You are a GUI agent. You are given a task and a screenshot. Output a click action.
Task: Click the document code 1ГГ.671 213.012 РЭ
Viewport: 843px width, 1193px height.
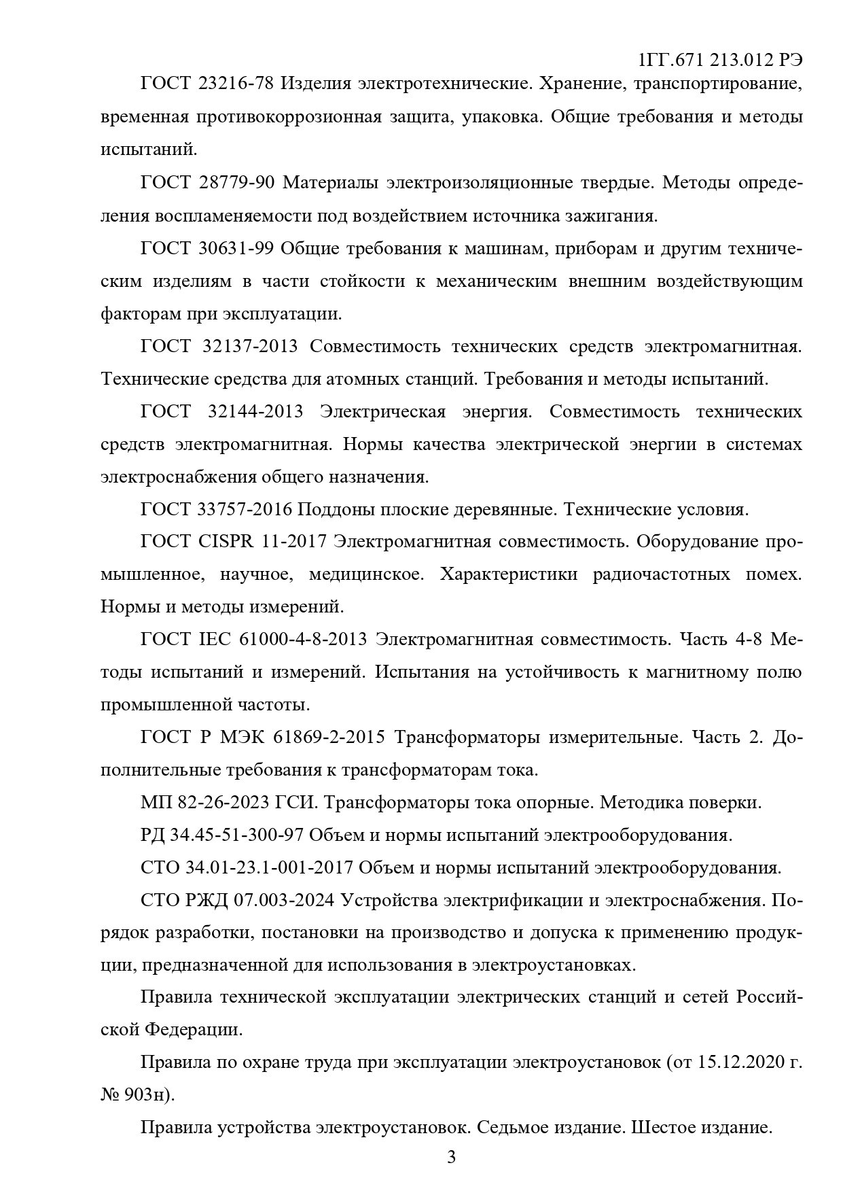pyautogui.click(x=720, y=60)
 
